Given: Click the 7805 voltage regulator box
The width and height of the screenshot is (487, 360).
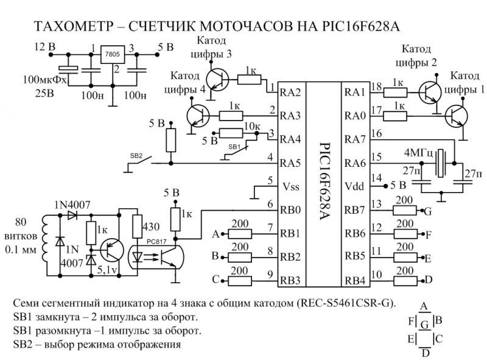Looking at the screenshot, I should pyautogui.click(x=112, y=54).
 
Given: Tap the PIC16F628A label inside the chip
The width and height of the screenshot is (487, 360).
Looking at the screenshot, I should pyautogui.click(x=323, y=183).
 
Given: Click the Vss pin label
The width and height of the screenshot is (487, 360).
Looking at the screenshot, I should pyautogui.click(x=289, y=186).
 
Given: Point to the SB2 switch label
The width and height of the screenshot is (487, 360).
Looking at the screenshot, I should pyautogui.click(x=137, y=155).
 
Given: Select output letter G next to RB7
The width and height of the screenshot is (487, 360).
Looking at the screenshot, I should pyautogui.click(x=428, y=211).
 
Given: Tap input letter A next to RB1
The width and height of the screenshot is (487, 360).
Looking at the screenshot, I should pyautogui.click(x=215, y=234).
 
